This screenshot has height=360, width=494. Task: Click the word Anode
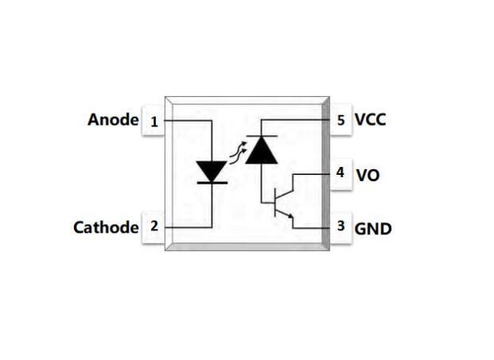[112, 120]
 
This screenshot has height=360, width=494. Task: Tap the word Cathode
[106, 227]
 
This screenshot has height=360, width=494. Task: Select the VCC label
[371, 120]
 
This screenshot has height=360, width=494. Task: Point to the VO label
[368, 174]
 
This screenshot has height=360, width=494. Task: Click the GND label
[372, 229]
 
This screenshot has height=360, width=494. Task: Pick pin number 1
[154, 122]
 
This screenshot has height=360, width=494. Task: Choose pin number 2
[154, 226]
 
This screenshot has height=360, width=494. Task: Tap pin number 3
[340, 226]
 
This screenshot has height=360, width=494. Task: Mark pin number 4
[340, 172]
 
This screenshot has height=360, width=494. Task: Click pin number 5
[340, 120]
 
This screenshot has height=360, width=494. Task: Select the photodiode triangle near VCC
[261, 150]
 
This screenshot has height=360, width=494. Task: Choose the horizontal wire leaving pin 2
[187, 227]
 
